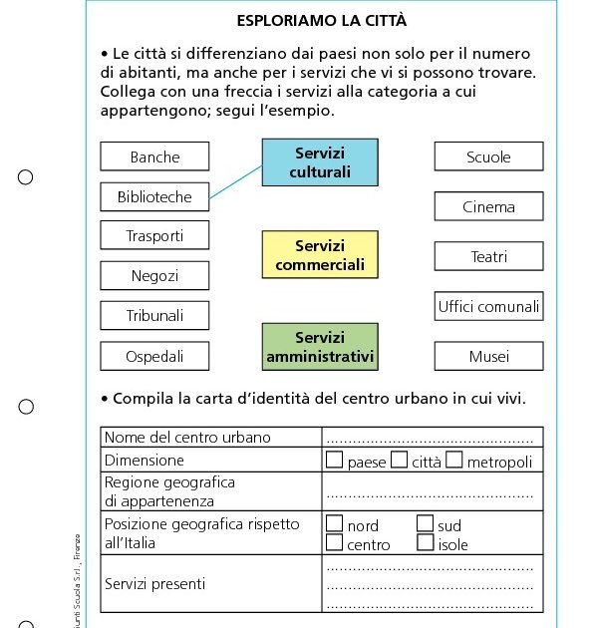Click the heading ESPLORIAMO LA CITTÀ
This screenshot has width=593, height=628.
click(321, 20)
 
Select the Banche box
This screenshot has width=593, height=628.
click(154, 157)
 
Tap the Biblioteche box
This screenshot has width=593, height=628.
click(154, 196)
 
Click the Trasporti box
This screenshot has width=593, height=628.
click(154, 235)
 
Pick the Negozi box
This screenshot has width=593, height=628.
click(154, 275)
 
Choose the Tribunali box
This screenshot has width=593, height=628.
click(154, 316)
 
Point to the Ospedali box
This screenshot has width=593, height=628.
click(154, 356)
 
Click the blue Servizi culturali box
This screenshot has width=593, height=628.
click(320, 162)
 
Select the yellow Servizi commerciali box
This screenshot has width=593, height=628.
click(320, 255)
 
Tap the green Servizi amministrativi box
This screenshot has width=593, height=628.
click(320, 347)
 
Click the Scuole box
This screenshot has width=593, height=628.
click(488, 157)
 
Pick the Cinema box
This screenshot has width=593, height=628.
click(488, 206)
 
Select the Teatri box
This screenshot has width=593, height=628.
click(488, 256)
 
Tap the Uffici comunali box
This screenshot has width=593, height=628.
click(488, 306)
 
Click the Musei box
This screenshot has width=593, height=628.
click(488, 356)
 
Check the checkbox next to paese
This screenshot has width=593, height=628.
click(335, 460)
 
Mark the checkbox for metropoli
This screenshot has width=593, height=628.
click(454, 460)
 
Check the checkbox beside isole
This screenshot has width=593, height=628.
click(425, 543)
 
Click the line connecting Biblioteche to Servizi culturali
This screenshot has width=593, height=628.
click(237, 184)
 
